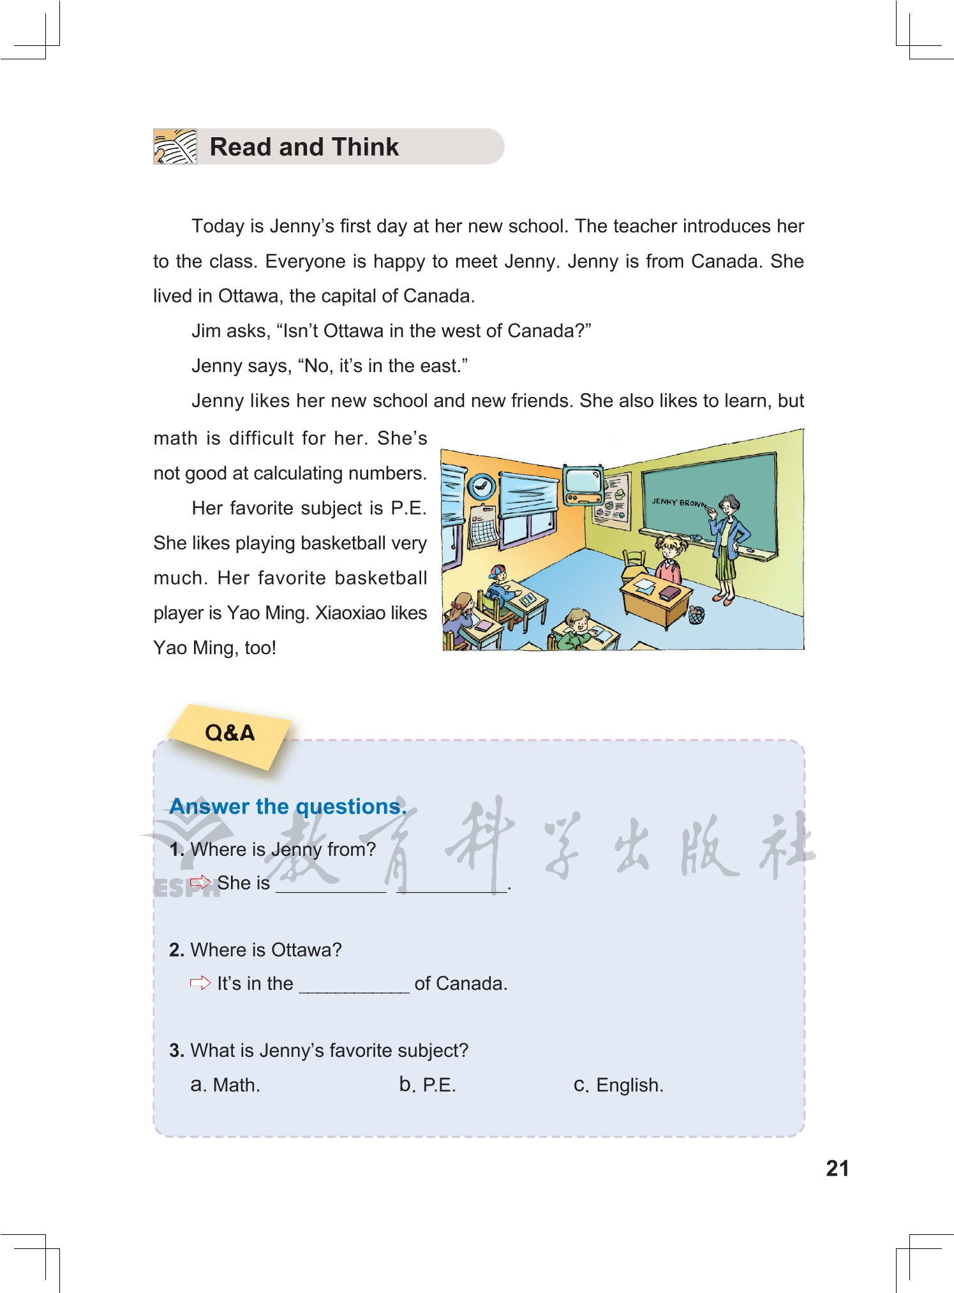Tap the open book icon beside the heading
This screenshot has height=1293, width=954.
[175, 147]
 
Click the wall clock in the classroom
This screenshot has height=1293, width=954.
[482, 487]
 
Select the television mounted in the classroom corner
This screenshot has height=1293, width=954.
[583, 484]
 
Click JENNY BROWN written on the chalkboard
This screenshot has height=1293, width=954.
[678, 503]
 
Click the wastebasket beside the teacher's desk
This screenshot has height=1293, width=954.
[696, 615]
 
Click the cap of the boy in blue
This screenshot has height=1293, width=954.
[498, 569]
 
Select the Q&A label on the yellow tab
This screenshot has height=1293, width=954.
[230, 733]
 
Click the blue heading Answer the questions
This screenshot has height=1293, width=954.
[288, 807]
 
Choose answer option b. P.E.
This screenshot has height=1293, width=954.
[428, 1085]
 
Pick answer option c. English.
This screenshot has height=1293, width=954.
[618, 1085]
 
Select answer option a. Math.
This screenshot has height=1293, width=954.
[225, 1085]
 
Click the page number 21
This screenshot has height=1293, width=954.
[837, 1169]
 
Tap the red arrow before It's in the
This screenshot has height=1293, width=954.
[200, 983]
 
